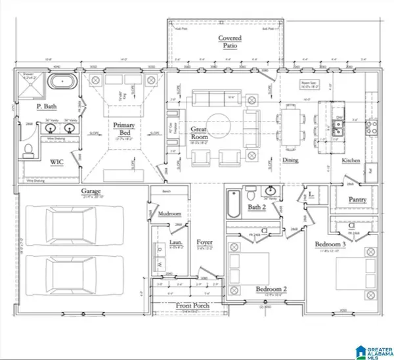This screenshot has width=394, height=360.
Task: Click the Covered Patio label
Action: pyautogui.click(x=230, y=43)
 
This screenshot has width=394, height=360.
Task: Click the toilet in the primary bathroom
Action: pyautogui.click(x=28, y=152)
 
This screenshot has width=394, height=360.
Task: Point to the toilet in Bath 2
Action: pyautogui.click(x=252, y=195)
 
